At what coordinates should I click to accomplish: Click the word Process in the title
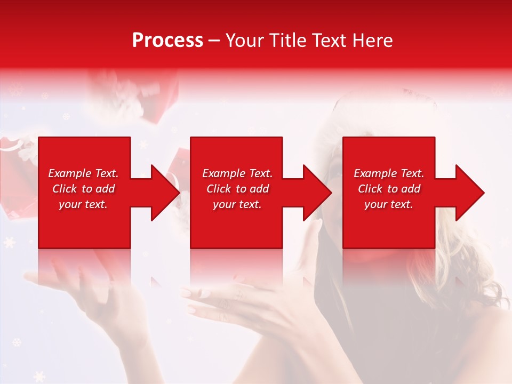click(167, 41)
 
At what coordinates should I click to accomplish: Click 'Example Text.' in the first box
click(83, 173)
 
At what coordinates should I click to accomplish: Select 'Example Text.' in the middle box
click(237, 173)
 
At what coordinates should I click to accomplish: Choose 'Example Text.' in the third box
click(389, 173)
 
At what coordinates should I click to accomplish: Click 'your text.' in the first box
click(83, 204)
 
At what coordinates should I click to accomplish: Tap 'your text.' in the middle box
click(237, 204)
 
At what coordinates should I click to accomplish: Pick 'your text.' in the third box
click(389, 204)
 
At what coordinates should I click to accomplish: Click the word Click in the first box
click(65, 189)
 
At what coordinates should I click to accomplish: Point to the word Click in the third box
click(371, 189)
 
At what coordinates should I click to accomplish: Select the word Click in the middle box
click(219, 189)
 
